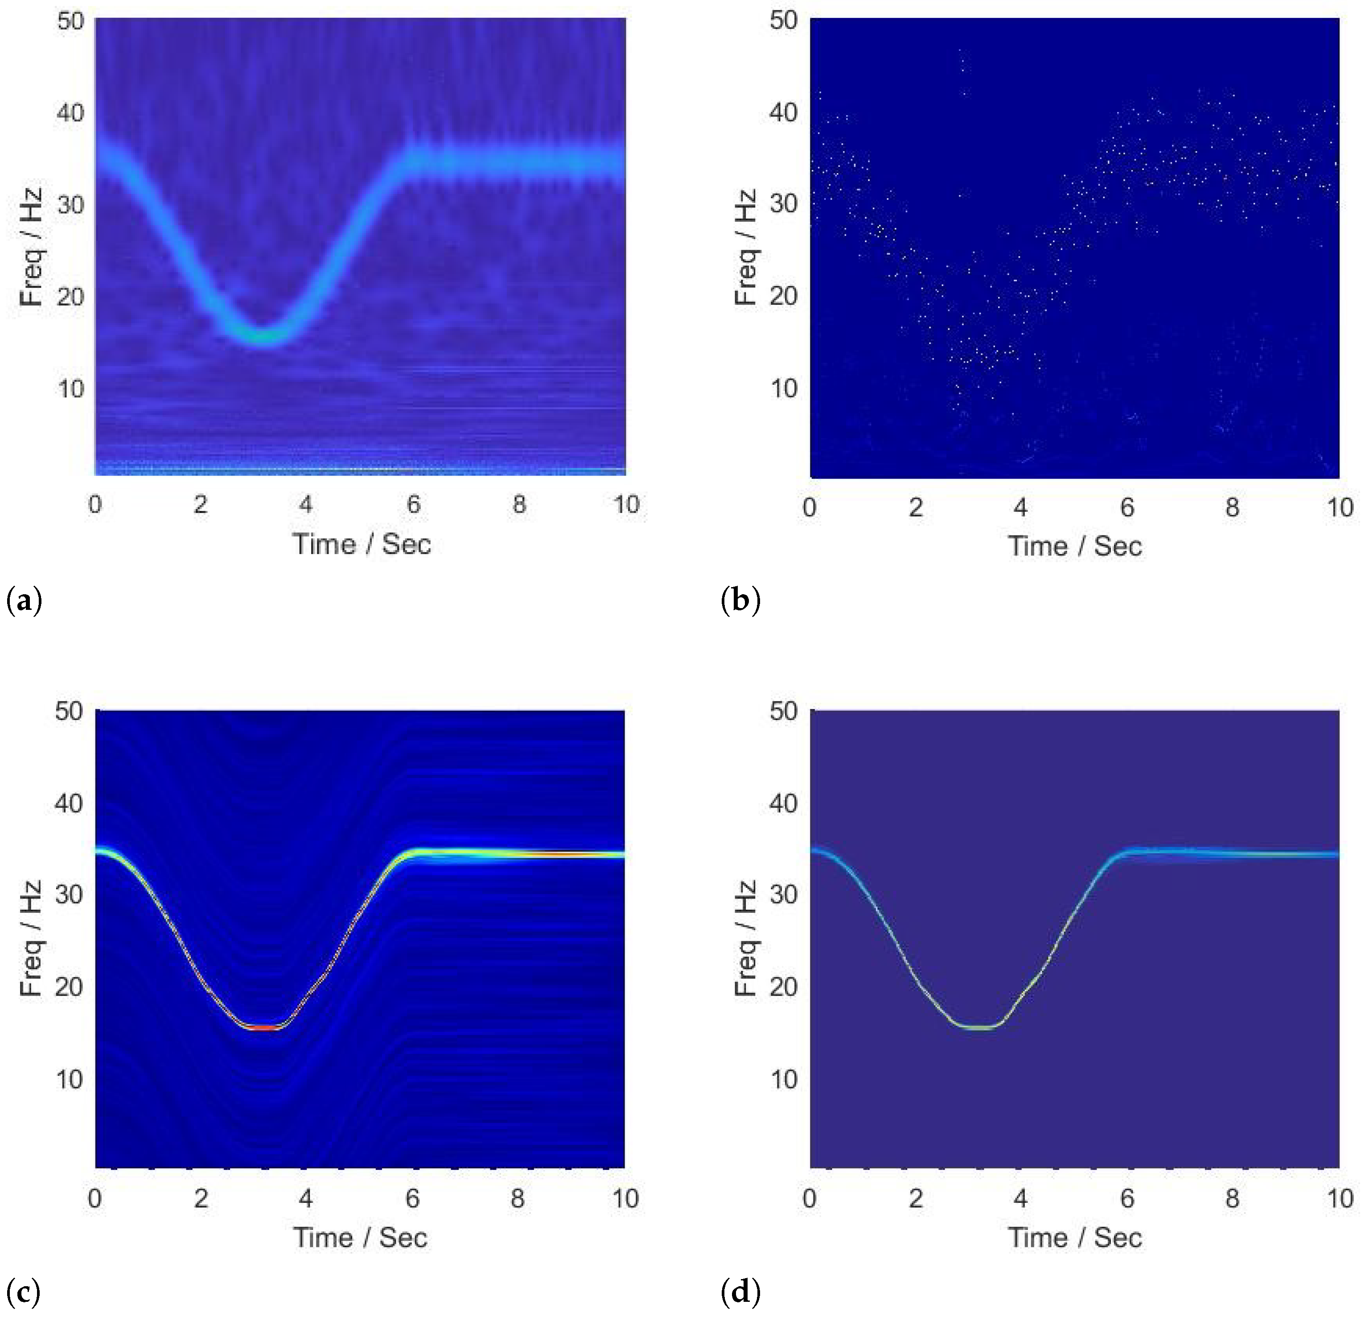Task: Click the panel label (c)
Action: tap(23, 1292)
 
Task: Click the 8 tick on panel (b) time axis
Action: tap(1232, 507)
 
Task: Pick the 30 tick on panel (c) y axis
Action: tap(70, 894)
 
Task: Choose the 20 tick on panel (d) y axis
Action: tap(784, 987)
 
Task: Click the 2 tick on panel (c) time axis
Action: tap(201, 1198)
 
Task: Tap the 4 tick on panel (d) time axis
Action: tap(1020, 1198)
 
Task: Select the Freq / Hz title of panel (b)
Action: tap(745, 247)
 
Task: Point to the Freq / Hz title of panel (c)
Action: tap(31, 938)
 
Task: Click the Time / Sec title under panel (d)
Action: tap(1075, 1238)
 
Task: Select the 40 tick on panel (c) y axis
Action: tap(70, 803)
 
